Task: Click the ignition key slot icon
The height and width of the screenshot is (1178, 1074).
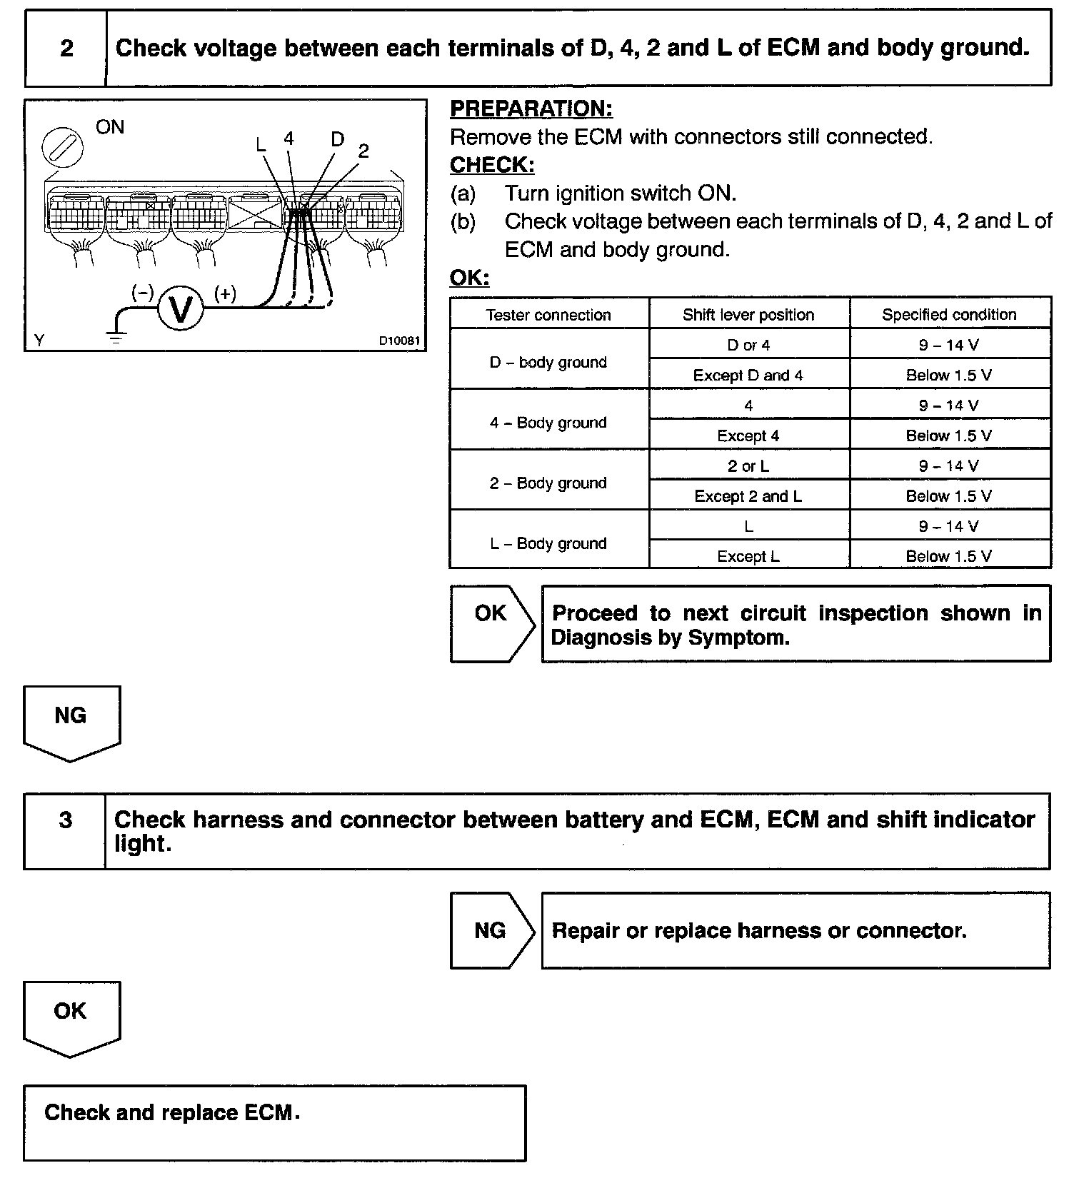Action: tap(63, 148)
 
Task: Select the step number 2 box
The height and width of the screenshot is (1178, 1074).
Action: tap(66, 49)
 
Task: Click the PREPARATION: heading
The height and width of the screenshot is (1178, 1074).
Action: tap(531, 109)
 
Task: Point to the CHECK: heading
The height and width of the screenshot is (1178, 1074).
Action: tap(492, 165)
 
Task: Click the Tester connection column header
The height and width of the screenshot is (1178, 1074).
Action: tap(548, 315)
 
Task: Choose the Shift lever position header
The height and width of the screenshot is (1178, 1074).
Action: tap(748, 315)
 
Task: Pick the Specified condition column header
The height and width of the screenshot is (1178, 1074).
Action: tap(949, 315)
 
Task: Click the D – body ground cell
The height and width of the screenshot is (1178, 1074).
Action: tap(548, 363)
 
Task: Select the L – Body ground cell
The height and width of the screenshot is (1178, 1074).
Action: tap(548, 543)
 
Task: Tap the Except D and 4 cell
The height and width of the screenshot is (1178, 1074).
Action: tap(748, 376)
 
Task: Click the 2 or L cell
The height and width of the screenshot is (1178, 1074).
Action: tap(748, 466)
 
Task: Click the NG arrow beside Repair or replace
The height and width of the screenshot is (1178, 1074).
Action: tap(491, 930)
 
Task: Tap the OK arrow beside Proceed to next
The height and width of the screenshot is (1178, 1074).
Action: tap(491, 623)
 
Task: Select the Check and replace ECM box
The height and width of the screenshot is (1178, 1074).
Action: tap(274, 1123)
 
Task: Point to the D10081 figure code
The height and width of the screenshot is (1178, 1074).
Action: tap(398, 341)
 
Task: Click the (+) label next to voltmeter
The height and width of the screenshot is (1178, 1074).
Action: tap(226, 293)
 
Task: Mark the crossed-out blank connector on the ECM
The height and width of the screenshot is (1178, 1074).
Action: tap(256, 211)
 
